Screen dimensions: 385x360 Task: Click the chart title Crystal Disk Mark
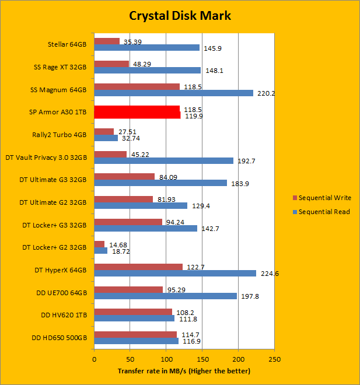[x=180, y=15]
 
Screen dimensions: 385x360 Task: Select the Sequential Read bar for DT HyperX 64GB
[x=175, y=273]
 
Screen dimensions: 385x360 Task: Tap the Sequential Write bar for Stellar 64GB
[x=107, y=41]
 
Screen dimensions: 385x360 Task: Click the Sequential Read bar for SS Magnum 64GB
[x=173, y=93]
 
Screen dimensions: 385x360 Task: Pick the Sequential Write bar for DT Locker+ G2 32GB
[x=99, y=244]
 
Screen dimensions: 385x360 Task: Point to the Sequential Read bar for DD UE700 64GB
[x=165, y=296]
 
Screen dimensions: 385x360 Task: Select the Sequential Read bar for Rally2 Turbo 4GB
[x=106, y=138]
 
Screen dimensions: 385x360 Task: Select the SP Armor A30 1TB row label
[x=57, y=112]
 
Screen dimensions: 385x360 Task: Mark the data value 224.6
[x=267, y=274]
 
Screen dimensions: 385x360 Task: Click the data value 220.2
[x=265, y=93]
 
